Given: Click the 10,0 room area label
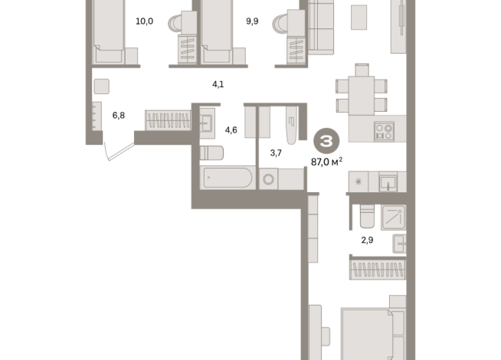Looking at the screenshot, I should (144, 21).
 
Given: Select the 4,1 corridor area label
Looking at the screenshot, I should (218, 84).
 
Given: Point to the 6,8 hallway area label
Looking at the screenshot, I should (119, 116).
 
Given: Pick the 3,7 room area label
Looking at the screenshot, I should (277, 152).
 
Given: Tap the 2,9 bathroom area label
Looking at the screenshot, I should (368, 240).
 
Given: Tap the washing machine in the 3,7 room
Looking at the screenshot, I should (270, 179).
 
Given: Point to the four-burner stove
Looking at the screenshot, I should (383, 131).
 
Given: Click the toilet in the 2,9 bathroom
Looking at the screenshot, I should (366, 217).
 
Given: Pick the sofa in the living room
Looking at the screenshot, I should (321, 28).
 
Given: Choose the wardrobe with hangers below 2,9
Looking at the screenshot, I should (377, 269).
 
